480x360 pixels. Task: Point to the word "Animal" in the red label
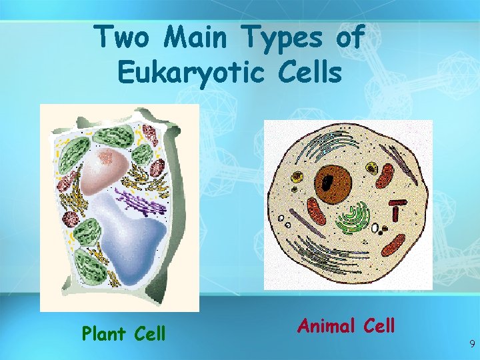click(x=327, y=325)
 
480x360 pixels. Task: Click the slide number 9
click(x=472, y=345)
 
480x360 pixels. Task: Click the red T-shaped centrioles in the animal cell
click(x=398, y=209)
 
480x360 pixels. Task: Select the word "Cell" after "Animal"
click(x=379, y=325)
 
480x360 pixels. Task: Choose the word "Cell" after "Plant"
click(x=149, y=333)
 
